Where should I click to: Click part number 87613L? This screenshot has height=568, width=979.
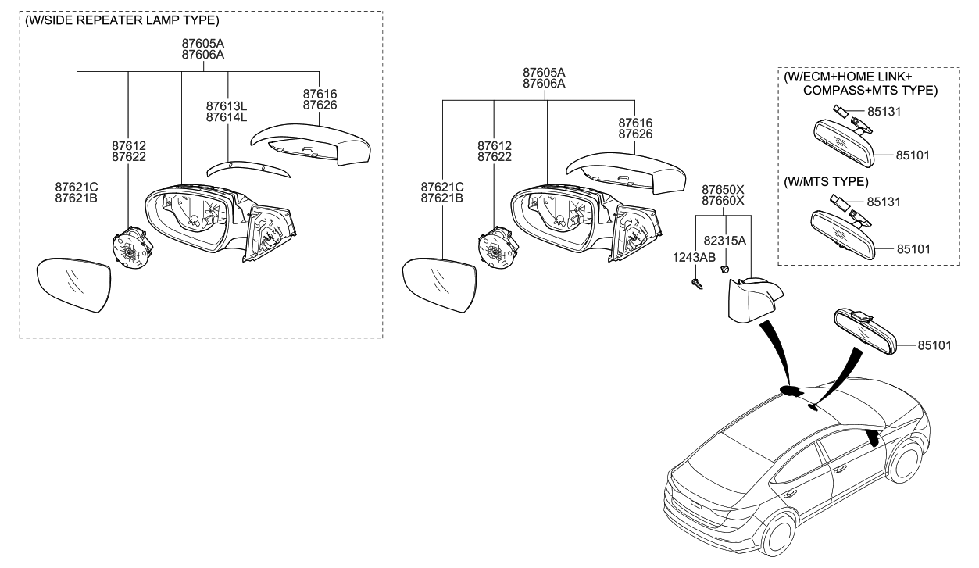[227, 105]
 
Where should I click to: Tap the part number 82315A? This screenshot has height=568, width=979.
[725, 241]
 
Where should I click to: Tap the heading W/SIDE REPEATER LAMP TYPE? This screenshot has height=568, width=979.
[122, 20]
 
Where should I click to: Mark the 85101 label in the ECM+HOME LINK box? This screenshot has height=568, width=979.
[914, 155]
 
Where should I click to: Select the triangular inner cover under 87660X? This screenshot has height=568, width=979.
[752, 302]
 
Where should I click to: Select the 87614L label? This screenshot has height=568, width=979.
[227, 117]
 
